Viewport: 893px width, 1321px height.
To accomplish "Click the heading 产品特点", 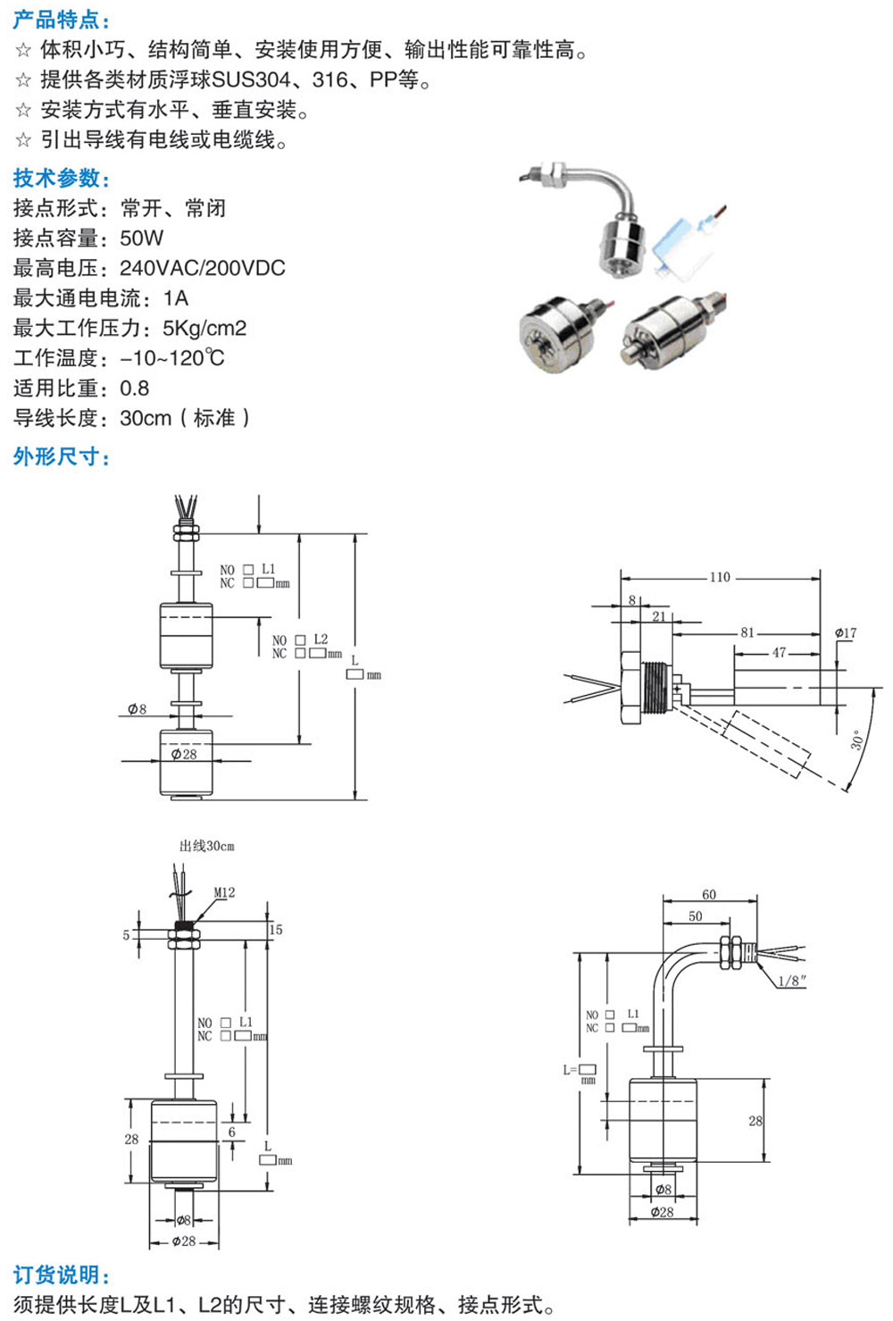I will click(61, 20).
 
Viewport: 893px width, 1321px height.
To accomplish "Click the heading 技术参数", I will click(61, 179).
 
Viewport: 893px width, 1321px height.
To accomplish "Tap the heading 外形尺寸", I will click(61, 457).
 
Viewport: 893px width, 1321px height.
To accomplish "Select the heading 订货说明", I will click(61, 1275).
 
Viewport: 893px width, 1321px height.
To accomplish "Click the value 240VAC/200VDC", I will click(203, 268).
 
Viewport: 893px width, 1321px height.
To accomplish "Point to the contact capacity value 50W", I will click(142, 238).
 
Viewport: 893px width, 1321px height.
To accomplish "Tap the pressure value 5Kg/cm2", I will click(204, 329).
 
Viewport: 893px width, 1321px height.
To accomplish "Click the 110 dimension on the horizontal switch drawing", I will click(720, 577).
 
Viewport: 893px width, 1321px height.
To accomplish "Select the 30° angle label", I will click(856, 740).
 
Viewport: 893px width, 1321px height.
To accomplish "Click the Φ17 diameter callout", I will click(846, 633).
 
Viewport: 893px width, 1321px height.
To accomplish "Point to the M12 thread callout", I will click(224, 892).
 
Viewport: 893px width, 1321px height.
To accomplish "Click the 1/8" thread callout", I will click(791, 981).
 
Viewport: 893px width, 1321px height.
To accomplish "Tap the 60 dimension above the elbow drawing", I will click(709, 894).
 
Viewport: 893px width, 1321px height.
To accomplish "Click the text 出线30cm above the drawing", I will click(207, 846).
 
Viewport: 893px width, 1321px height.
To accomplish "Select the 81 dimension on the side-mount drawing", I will click(747, 632).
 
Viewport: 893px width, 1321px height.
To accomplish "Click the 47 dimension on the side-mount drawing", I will click(779, 653).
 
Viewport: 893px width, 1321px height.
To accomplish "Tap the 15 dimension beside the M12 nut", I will click(276, 930).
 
